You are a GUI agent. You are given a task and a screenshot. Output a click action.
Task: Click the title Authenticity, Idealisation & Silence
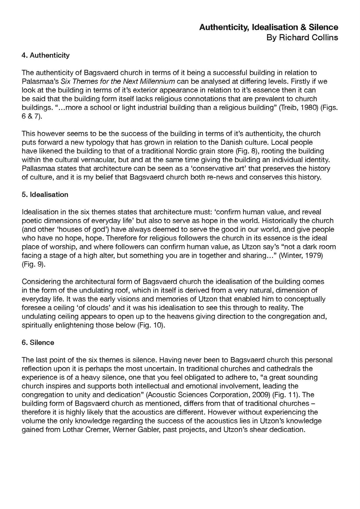tap(268, 27)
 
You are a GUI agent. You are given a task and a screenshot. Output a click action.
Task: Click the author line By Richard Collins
tap(302, 38)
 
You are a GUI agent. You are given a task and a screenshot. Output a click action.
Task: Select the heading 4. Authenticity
tap(46, 55)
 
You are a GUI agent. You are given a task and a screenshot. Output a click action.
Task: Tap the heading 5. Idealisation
tap(45, 195)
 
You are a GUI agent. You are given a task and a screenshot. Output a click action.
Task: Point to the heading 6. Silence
tap(38, 343)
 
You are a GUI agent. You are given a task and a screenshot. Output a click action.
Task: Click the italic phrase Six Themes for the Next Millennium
tap(117, 81)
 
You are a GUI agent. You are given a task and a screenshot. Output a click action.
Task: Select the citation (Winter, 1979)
tap(301, 255)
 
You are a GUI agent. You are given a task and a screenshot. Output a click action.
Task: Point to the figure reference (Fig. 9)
tap(33, 264)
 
